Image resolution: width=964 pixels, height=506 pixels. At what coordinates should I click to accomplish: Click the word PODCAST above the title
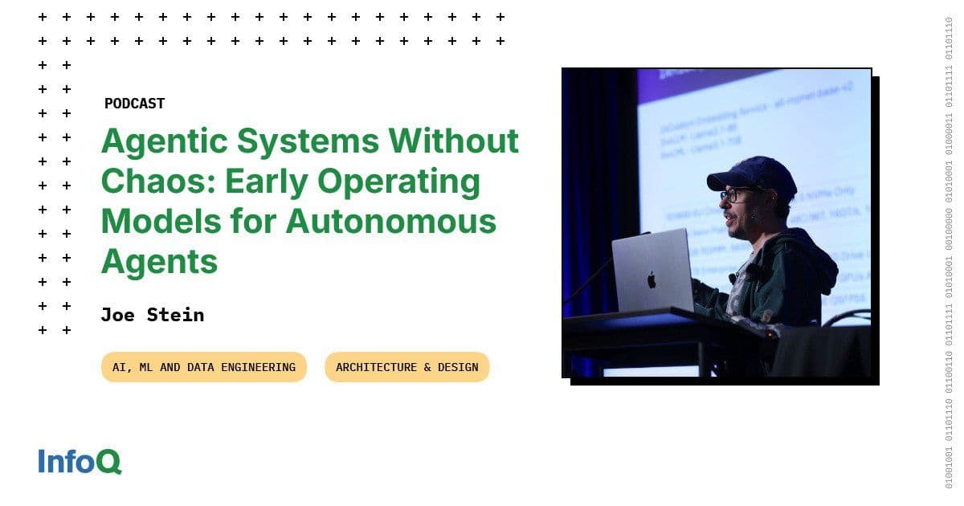134,104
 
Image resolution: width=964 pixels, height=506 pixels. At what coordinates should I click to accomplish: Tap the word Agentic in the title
158,142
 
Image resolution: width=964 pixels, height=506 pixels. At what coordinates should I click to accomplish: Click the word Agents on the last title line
159,261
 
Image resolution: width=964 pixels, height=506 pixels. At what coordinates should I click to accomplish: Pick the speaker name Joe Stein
152,315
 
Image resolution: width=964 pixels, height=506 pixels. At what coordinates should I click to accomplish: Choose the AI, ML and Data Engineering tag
203,367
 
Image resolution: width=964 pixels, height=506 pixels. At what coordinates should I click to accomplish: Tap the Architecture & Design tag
406,367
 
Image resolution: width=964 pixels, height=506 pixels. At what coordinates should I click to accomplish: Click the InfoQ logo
80,462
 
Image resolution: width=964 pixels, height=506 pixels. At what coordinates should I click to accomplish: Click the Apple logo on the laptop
652,279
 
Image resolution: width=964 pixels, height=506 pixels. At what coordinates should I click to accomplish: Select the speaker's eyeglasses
736,195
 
